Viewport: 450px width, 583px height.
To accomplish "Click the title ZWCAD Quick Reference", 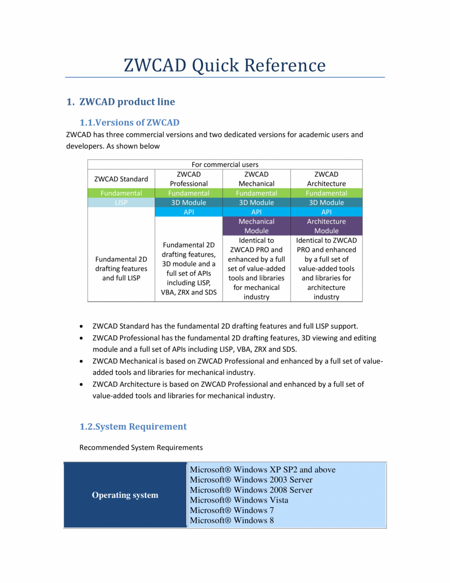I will pos(225,65).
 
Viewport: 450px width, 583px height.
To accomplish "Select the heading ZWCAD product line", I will pos(127,102).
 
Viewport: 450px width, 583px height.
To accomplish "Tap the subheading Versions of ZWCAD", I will pos(129,122).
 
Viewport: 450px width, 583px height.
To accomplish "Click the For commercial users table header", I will pos(225,165).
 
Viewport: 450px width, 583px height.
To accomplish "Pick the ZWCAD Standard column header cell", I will pos(121,179).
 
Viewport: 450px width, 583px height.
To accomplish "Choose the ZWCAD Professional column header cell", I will pos(189,179).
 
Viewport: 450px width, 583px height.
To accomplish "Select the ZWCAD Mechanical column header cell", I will pos(256,179).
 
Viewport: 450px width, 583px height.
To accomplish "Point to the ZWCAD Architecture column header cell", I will pos(326,179).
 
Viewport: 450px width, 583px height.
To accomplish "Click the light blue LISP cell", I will pos(121,202).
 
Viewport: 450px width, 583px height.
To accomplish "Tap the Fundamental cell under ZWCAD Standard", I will pos(121,193).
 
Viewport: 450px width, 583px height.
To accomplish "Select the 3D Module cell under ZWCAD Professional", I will pos(189,202).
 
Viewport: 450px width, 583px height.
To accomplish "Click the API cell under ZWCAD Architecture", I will pos(326,212).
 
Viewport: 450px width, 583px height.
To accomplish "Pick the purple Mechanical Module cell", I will pos(256,226).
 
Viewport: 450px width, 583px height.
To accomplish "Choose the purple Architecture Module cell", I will pos(326,226).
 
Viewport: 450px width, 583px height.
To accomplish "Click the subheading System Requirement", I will pos(133,427).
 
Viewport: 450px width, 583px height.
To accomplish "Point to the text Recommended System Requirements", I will pos(141,447).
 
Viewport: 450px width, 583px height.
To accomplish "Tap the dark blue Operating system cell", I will pos(125,495).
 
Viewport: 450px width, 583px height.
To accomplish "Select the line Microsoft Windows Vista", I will pos(239,500).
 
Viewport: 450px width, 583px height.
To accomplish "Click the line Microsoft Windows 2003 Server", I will pos(251,480).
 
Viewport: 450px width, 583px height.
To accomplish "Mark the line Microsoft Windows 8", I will pos(232,520).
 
